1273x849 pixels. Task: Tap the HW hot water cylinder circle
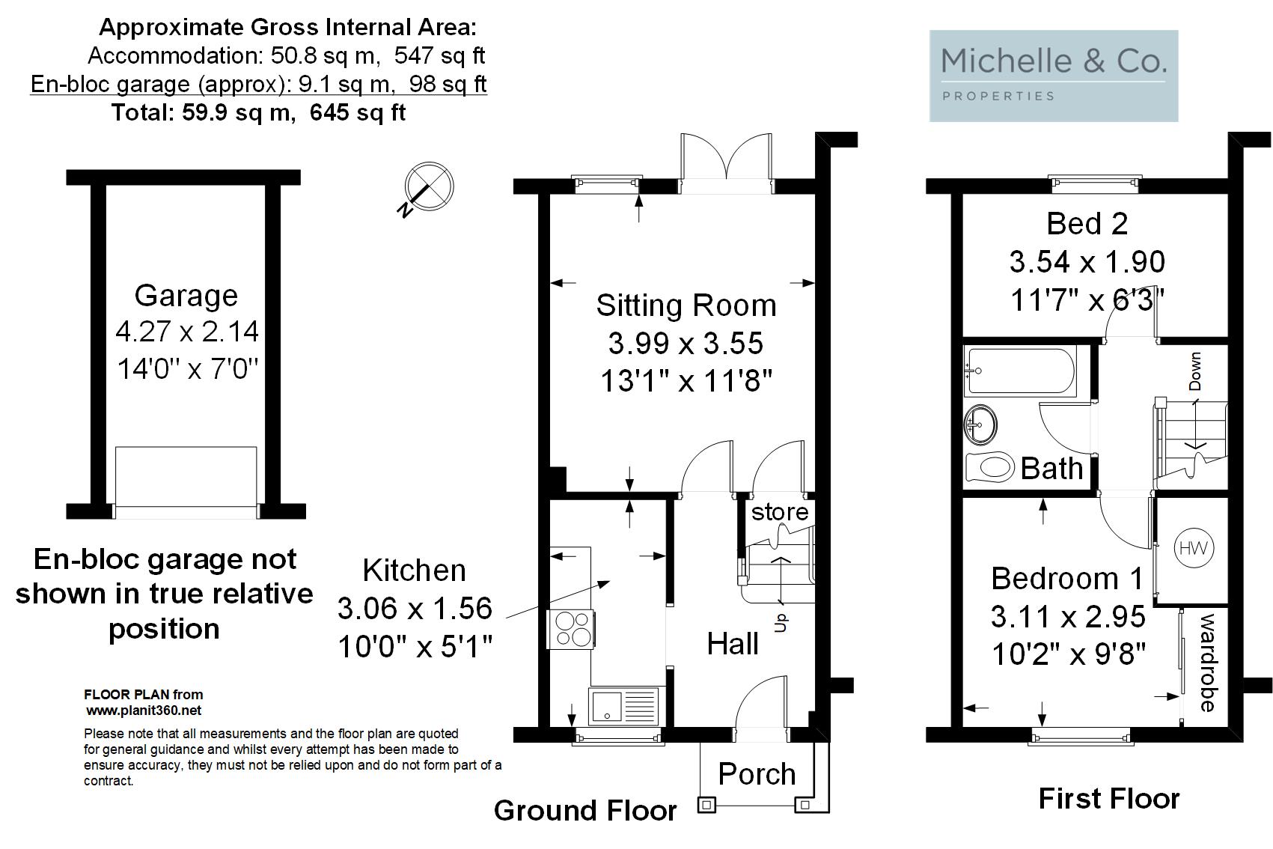1194,548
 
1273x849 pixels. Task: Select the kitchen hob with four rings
571,630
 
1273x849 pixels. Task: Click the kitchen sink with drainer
623,706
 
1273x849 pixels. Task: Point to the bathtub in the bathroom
1021,371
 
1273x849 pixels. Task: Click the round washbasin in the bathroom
980,424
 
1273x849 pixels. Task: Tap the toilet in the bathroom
989,467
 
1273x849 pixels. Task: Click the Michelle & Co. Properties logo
1053,76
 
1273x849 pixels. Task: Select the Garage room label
186,296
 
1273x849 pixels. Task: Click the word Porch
757,773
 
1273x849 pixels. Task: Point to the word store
779,512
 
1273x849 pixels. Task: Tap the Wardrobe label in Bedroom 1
1208,663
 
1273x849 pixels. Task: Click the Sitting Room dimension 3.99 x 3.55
686,343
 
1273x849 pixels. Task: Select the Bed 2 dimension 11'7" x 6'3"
1087,299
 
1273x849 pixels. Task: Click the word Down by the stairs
1195,371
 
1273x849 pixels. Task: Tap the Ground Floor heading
585,810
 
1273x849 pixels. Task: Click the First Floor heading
1109,798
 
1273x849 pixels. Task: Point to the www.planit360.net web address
144,710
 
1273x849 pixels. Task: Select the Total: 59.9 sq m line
259,112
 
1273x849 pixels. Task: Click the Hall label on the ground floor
733,644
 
